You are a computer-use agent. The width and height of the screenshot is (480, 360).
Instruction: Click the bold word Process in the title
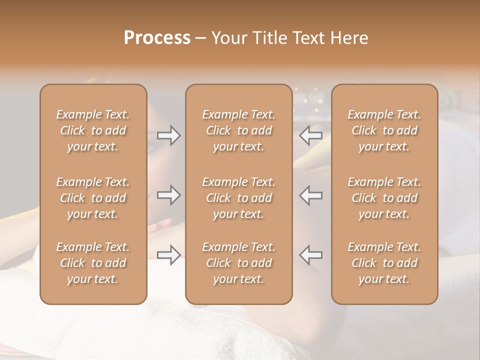157,38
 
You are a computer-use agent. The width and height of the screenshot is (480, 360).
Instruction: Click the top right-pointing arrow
168,135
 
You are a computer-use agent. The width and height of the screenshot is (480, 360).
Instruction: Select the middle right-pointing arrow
168,195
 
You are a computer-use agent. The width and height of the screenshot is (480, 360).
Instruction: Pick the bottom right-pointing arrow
168,255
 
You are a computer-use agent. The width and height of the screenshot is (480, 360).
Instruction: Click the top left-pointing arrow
311,135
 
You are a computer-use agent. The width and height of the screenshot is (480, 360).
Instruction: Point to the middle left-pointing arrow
311,195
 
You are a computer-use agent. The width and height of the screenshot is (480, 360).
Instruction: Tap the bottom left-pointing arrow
311,255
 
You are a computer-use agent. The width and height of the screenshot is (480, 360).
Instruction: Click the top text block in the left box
93,130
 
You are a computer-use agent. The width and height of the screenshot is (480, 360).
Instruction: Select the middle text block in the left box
93,198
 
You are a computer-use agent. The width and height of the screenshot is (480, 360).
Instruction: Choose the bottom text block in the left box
93,263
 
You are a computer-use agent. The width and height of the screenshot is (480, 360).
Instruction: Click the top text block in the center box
239,130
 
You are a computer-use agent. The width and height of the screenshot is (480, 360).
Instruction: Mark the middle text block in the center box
239,198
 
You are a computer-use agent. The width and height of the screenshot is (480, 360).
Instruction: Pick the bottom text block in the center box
239,263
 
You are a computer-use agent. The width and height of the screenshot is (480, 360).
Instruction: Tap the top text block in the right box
384,130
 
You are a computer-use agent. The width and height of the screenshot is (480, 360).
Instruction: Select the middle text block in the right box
384,198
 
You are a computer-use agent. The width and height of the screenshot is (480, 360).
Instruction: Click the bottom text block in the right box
384,263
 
